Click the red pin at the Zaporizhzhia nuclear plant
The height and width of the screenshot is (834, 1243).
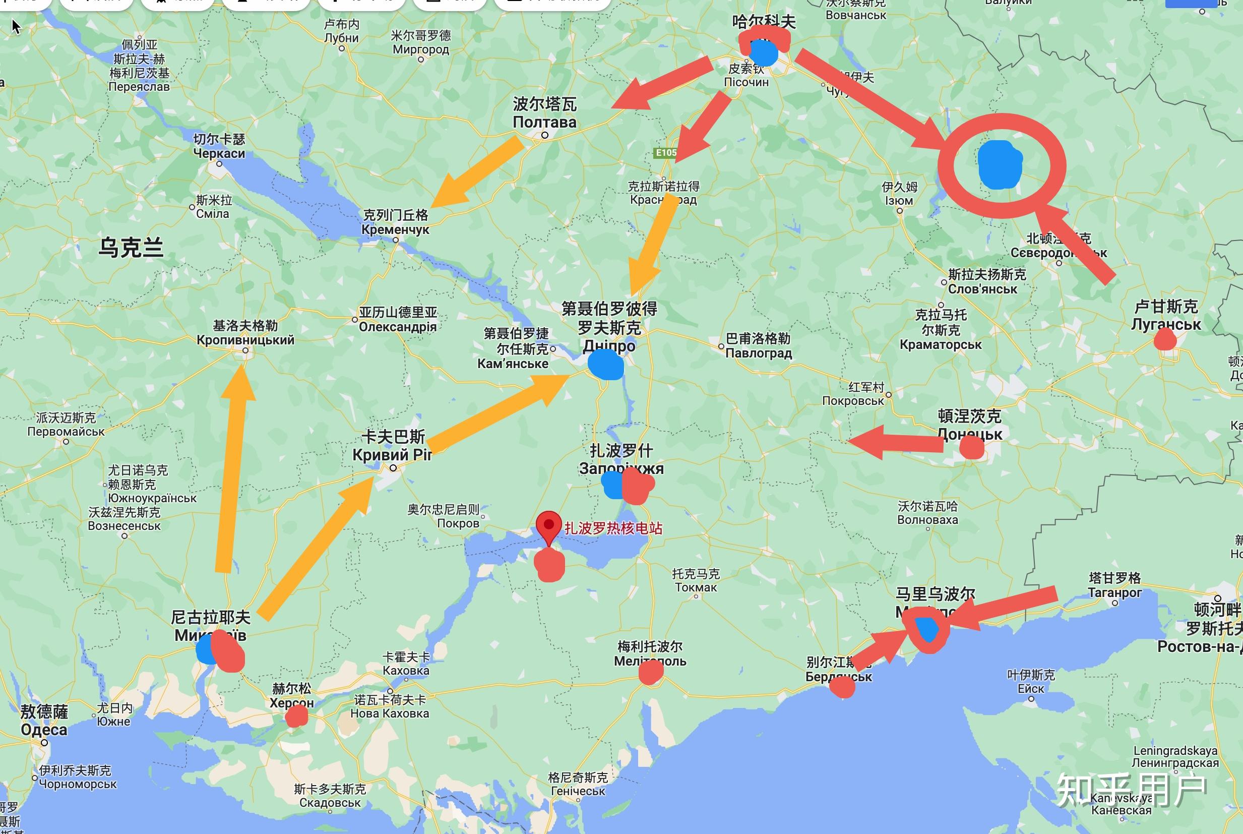(x=548, y=524)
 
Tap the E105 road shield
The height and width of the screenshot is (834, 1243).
(x=665, y=153)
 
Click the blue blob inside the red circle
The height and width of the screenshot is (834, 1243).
(x=1000, y=164)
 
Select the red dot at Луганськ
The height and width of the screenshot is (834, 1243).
(x=1165, y=339)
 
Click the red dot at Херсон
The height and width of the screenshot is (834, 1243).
(x=296, y=717)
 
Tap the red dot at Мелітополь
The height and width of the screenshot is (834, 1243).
(x=651, y=673)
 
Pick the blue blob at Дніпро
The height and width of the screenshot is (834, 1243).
(x=605, y=365)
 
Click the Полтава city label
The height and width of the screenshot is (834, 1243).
(x=544, y=122)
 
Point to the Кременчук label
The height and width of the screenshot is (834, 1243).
(x=395, y=230)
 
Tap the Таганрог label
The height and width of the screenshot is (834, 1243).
(x=1114, y=592)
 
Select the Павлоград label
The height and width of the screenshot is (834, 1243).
(x=759, y=352)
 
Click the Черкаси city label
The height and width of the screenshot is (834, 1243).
(x=219, y=153)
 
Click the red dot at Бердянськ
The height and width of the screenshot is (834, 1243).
(x=842, y=687)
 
